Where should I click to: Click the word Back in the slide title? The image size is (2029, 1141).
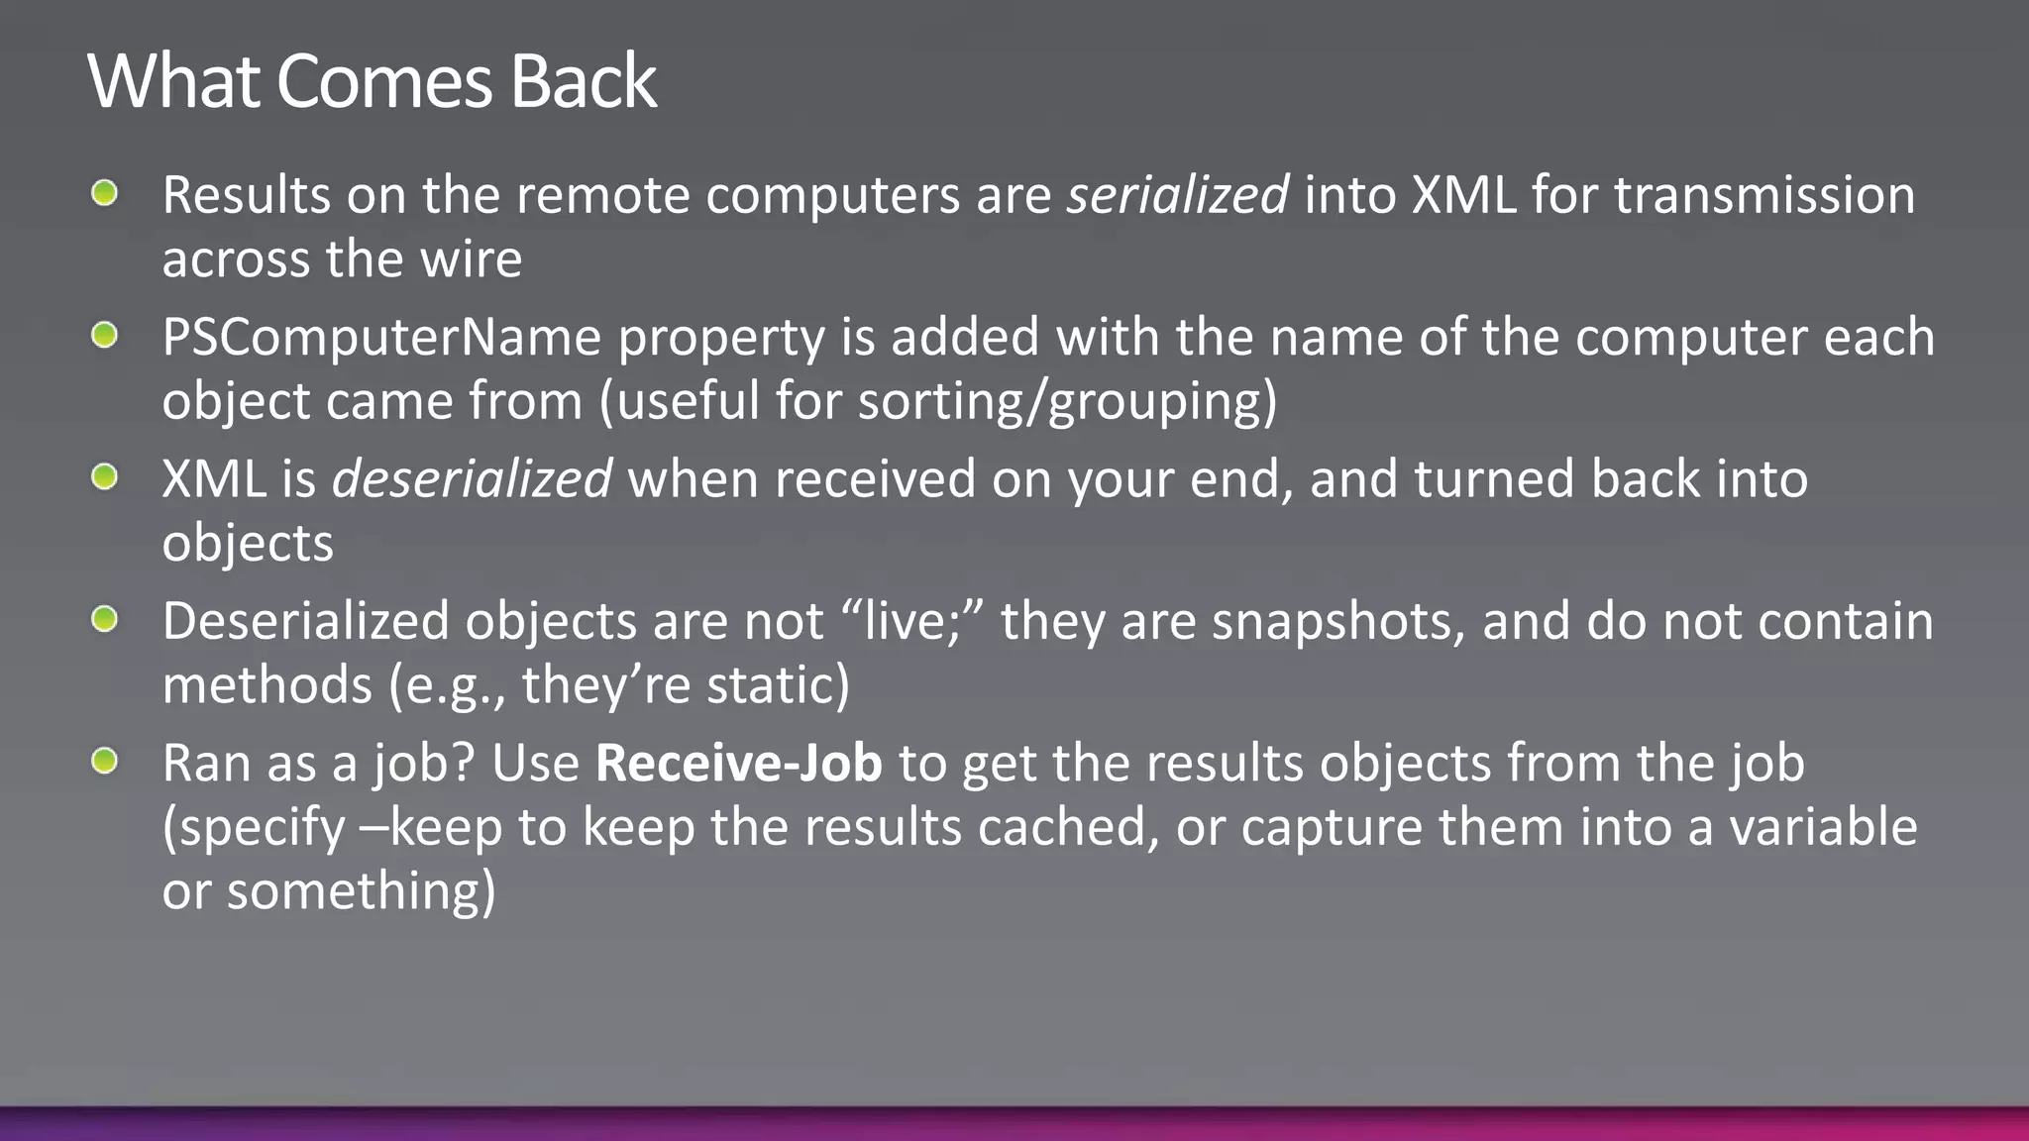click(583, 81)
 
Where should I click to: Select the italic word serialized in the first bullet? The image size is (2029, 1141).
click(1177, 195)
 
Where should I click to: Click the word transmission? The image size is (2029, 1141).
click(1763, 195)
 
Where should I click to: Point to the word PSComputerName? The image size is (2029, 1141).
click(381, 338)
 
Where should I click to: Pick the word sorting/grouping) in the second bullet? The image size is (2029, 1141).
click(1067, 402)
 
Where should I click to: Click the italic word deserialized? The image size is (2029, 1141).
click(472, 479)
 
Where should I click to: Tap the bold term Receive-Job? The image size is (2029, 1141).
click(738, 764)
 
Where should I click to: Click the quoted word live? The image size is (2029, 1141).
click(911, 622)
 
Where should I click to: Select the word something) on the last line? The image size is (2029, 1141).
click(361, 891)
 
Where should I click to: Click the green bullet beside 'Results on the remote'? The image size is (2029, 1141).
click(104, 193)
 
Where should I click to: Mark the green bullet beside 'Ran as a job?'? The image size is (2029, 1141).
click(104, 762)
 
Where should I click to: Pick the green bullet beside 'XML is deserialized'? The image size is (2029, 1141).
click(104, 477)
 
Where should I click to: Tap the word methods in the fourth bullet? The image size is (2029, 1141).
click(267, 685)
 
